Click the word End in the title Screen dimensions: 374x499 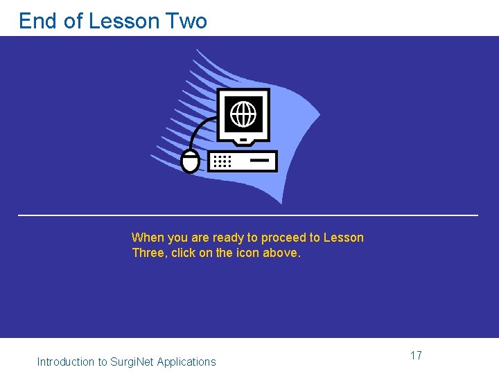click(38, 21)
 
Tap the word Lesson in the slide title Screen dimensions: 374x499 click(124, 21)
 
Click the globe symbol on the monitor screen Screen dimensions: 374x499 click(243, 113)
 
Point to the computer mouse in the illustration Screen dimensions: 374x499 click(190, 161)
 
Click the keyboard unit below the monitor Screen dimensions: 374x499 click(243, 161)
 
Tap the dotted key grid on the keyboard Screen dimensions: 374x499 click(222, 161)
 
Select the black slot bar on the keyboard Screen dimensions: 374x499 click(259, 160)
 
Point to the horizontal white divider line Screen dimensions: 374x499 click(247, 215)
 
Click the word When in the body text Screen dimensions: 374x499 click(148, 238)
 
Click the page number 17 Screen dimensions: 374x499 click(416, 355)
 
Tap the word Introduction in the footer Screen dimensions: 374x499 click(66, 362)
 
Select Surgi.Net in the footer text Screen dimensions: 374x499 click(132, 362)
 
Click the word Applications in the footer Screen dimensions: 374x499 click(186, 362)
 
